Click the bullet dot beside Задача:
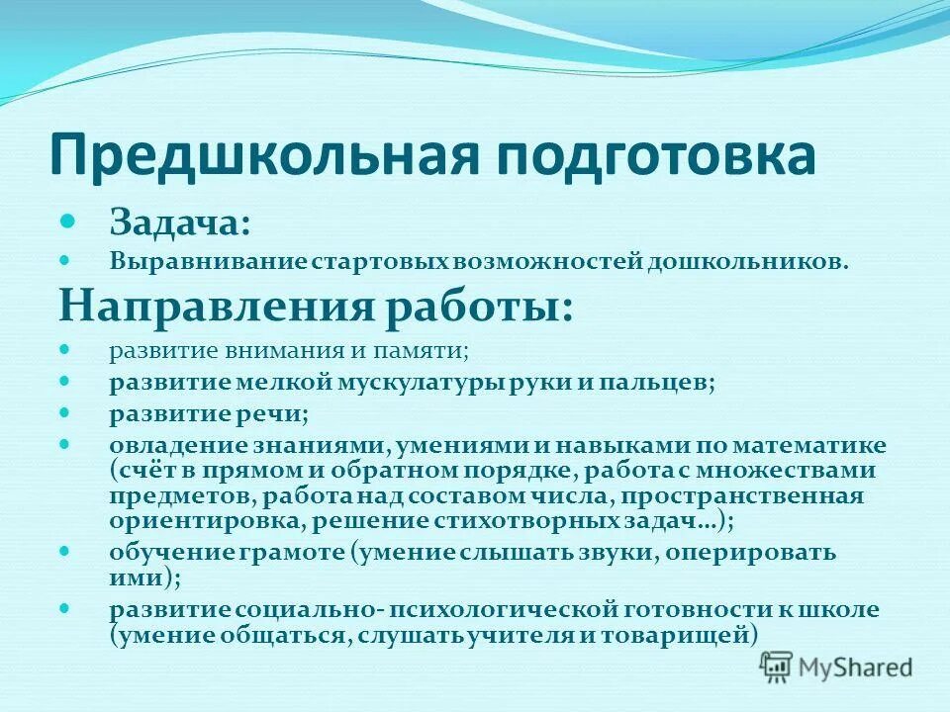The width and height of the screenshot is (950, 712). (x=67, y=220)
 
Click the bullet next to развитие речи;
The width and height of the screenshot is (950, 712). (x=66, y=411)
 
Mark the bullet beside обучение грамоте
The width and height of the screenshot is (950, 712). (x=66, y=551)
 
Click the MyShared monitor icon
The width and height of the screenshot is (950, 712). (x=777, y=667)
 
